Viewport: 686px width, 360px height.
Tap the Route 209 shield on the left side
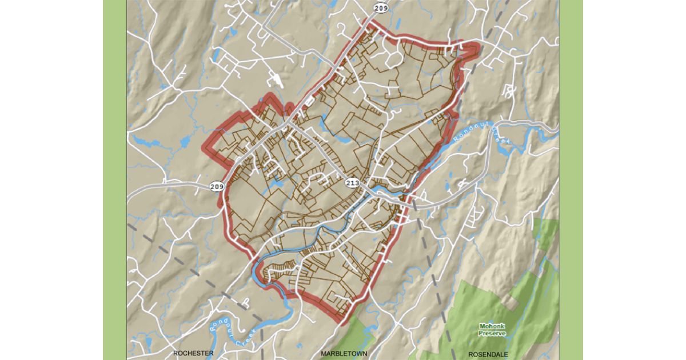[217, 186]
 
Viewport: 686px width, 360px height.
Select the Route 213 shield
[353, 183]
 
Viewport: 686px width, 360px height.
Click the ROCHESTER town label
[193, 353]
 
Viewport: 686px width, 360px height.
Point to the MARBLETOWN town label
[343, 353]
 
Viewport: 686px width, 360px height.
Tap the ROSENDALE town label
[488, 354]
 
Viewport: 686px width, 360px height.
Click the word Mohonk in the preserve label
[492, 327]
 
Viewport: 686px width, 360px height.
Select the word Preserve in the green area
[492, 333]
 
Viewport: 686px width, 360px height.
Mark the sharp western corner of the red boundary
[203, 147]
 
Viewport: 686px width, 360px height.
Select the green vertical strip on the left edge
[114, 180]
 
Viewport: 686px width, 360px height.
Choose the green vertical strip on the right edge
[571, 180]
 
